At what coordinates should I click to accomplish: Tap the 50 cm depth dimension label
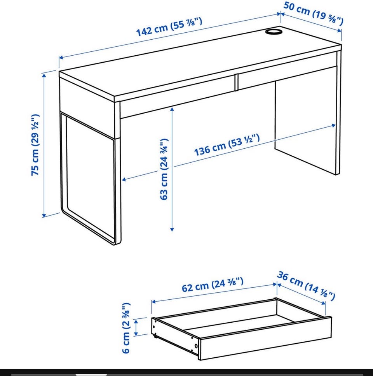pyautogui.click(x=314, y=13)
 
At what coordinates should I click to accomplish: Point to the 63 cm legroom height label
pyautogui.click(x=164, y=169)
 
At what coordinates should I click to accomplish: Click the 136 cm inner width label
pyautogui.click(x=227, y=145)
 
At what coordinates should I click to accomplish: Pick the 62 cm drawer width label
pyautogui.click(x=213, y=285)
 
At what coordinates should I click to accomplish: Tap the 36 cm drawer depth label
pyautogui.click(x=306, y=286)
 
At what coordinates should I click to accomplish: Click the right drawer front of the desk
pyautogui.click(x=287, y=74)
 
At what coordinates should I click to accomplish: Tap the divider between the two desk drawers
pyautogui.click(x=237, y=82)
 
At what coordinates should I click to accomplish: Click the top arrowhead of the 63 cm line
pyautogui.click(x=172, y=109)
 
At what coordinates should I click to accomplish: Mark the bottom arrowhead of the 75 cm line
pyautogui.click(x=44, y=215)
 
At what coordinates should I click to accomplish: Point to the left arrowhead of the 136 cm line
pyautogui.click(x=124, y=179)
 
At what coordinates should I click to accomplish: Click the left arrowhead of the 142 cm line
pyautogui.click(x=61, y=57)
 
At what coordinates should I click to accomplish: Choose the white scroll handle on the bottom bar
pyautogui.click(x=91, y=374)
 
